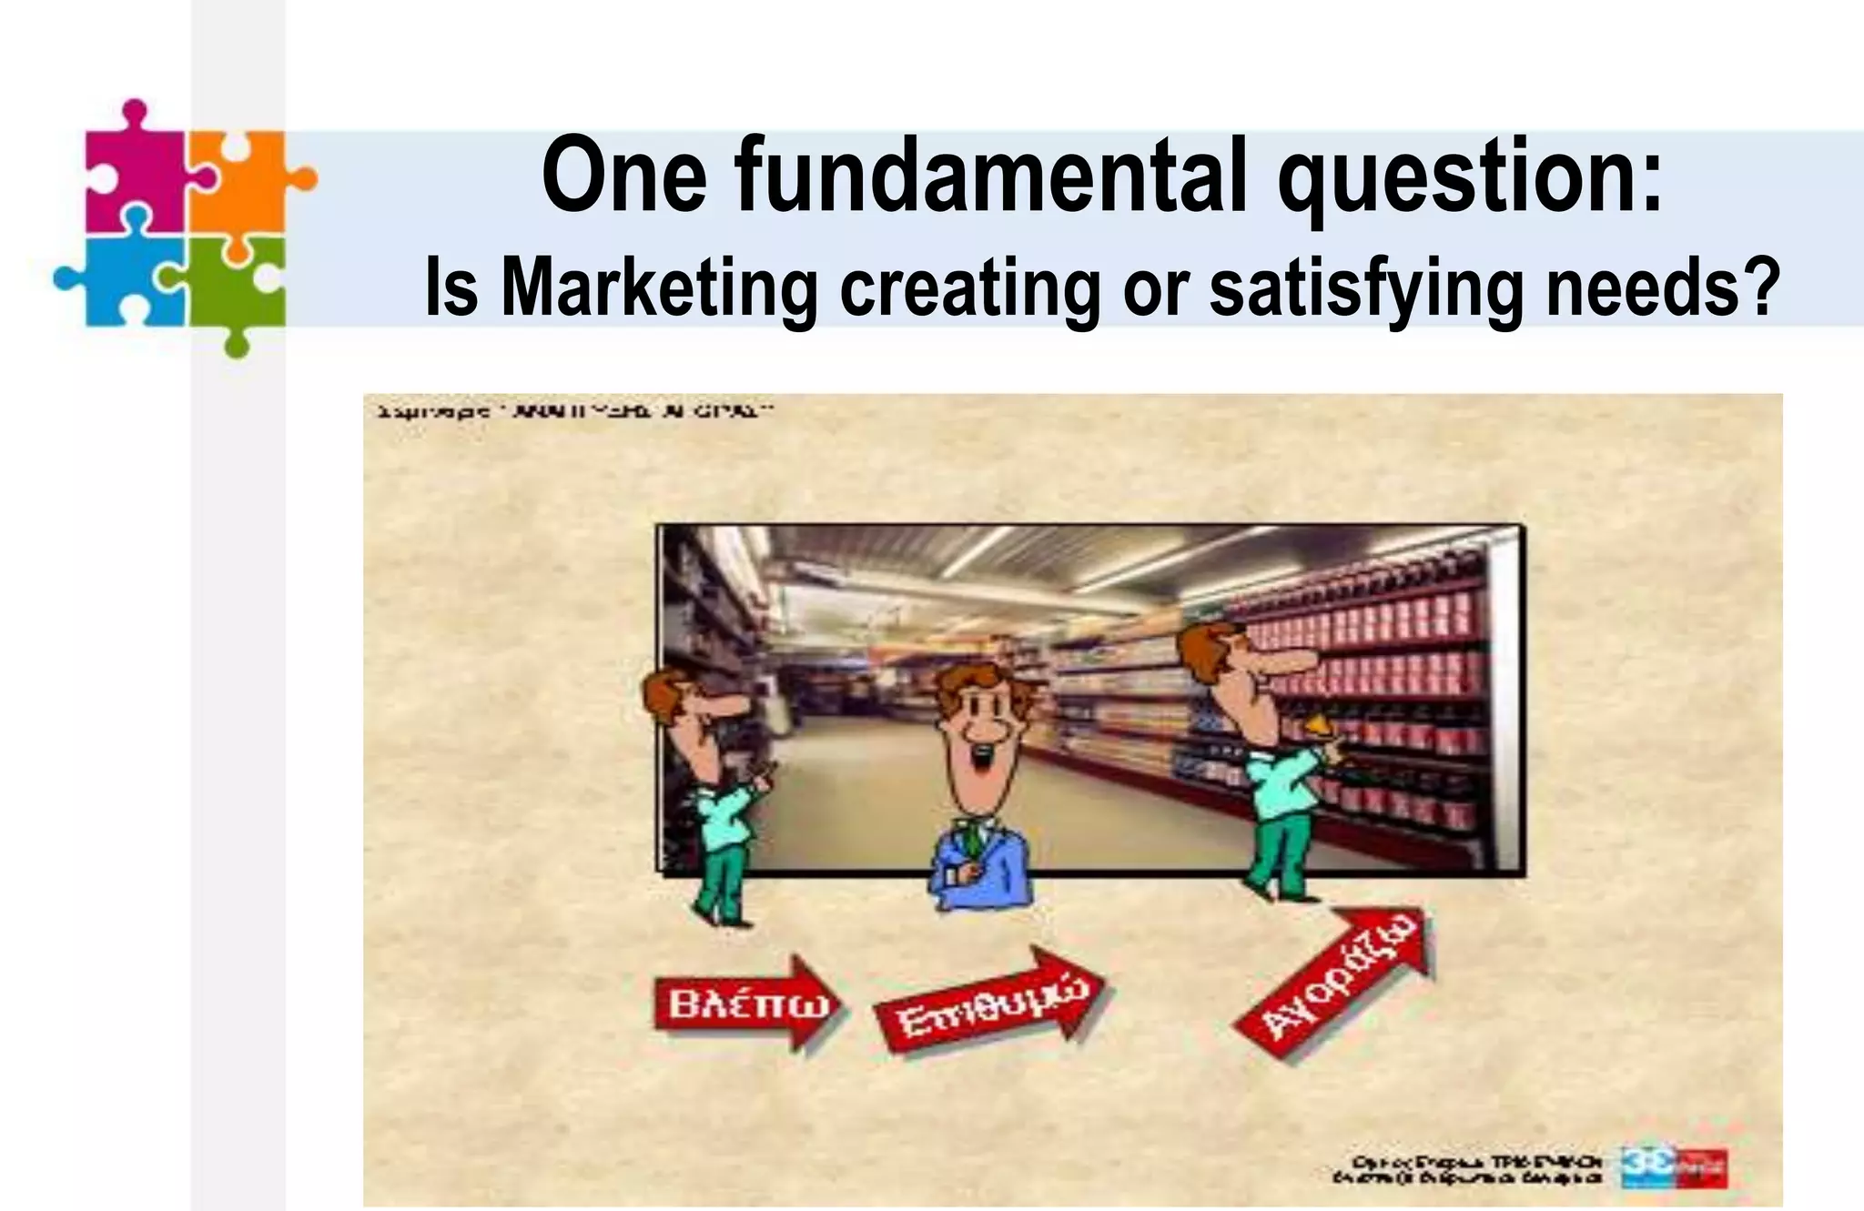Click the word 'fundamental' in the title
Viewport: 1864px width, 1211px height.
(989, 176)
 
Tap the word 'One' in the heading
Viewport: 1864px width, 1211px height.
(623, 176)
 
